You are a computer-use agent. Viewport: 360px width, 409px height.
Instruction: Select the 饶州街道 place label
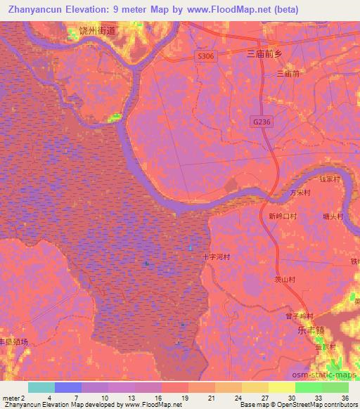(x=96, y=30)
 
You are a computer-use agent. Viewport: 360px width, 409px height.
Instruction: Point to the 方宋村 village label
(x=300, y=192)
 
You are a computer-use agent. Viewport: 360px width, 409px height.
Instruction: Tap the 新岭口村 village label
(x=283, y=216)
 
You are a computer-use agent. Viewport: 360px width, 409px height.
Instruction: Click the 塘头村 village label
(x=332, y=216)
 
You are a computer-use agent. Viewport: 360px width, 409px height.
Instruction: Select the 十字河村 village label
(x=217, y=257)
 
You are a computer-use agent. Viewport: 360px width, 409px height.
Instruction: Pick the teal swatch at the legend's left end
(x=41, y=387)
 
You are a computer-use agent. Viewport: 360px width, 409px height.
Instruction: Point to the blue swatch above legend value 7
(x=67, y=387)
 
